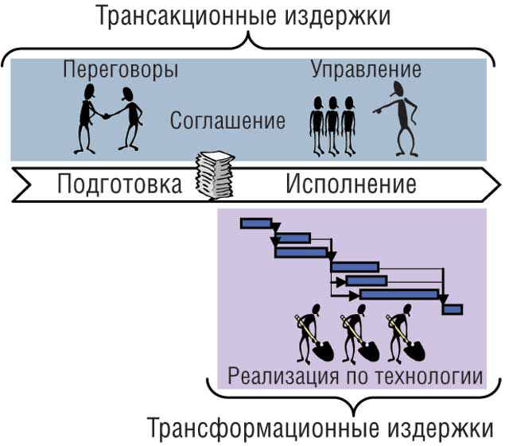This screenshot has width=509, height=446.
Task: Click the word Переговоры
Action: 120,69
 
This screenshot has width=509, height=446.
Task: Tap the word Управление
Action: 366,69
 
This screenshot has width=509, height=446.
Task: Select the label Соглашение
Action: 227,122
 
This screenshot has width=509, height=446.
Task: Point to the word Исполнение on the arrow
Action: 351,184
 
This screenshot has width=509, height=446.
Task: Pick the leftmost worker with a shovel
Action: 310,334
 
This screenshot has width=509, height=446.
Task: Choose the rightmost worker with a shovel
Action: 402,334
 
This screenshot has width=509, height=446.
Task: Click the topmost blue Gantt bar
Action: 257,223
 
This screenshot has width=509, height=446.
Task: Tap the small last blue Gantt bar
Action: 453,308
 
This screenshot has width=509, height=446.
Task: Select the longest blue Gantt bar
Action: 398,294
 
